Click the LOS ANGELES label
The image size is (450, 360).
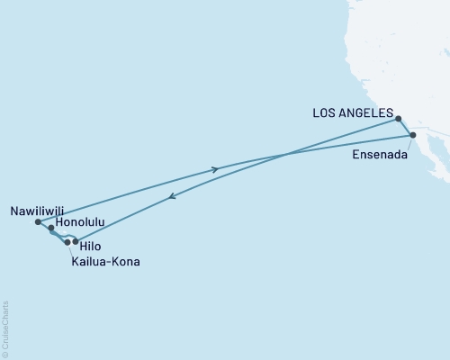pos(352,113)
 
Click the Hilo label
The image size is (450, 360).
pos(89,244)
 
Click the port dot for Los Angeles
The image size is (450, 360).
pos(399,118)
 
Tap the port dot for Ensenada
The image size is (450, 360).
pos(413,136)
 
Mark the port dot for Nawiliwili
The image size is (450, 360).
pos(37,221)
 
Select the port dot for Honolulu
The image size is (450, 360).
pos(51,229)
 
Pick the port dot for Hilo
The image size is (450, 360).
pos(76,241)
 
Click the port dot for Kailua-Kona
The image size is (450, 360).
pos(67,242)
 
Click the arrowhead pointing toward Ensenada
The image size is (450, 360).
pos(215,168)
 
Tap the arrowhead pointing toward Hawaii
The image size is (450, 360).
pos(171,200)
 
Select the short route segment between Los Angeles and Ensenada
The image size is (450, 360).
pos(406,127)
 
